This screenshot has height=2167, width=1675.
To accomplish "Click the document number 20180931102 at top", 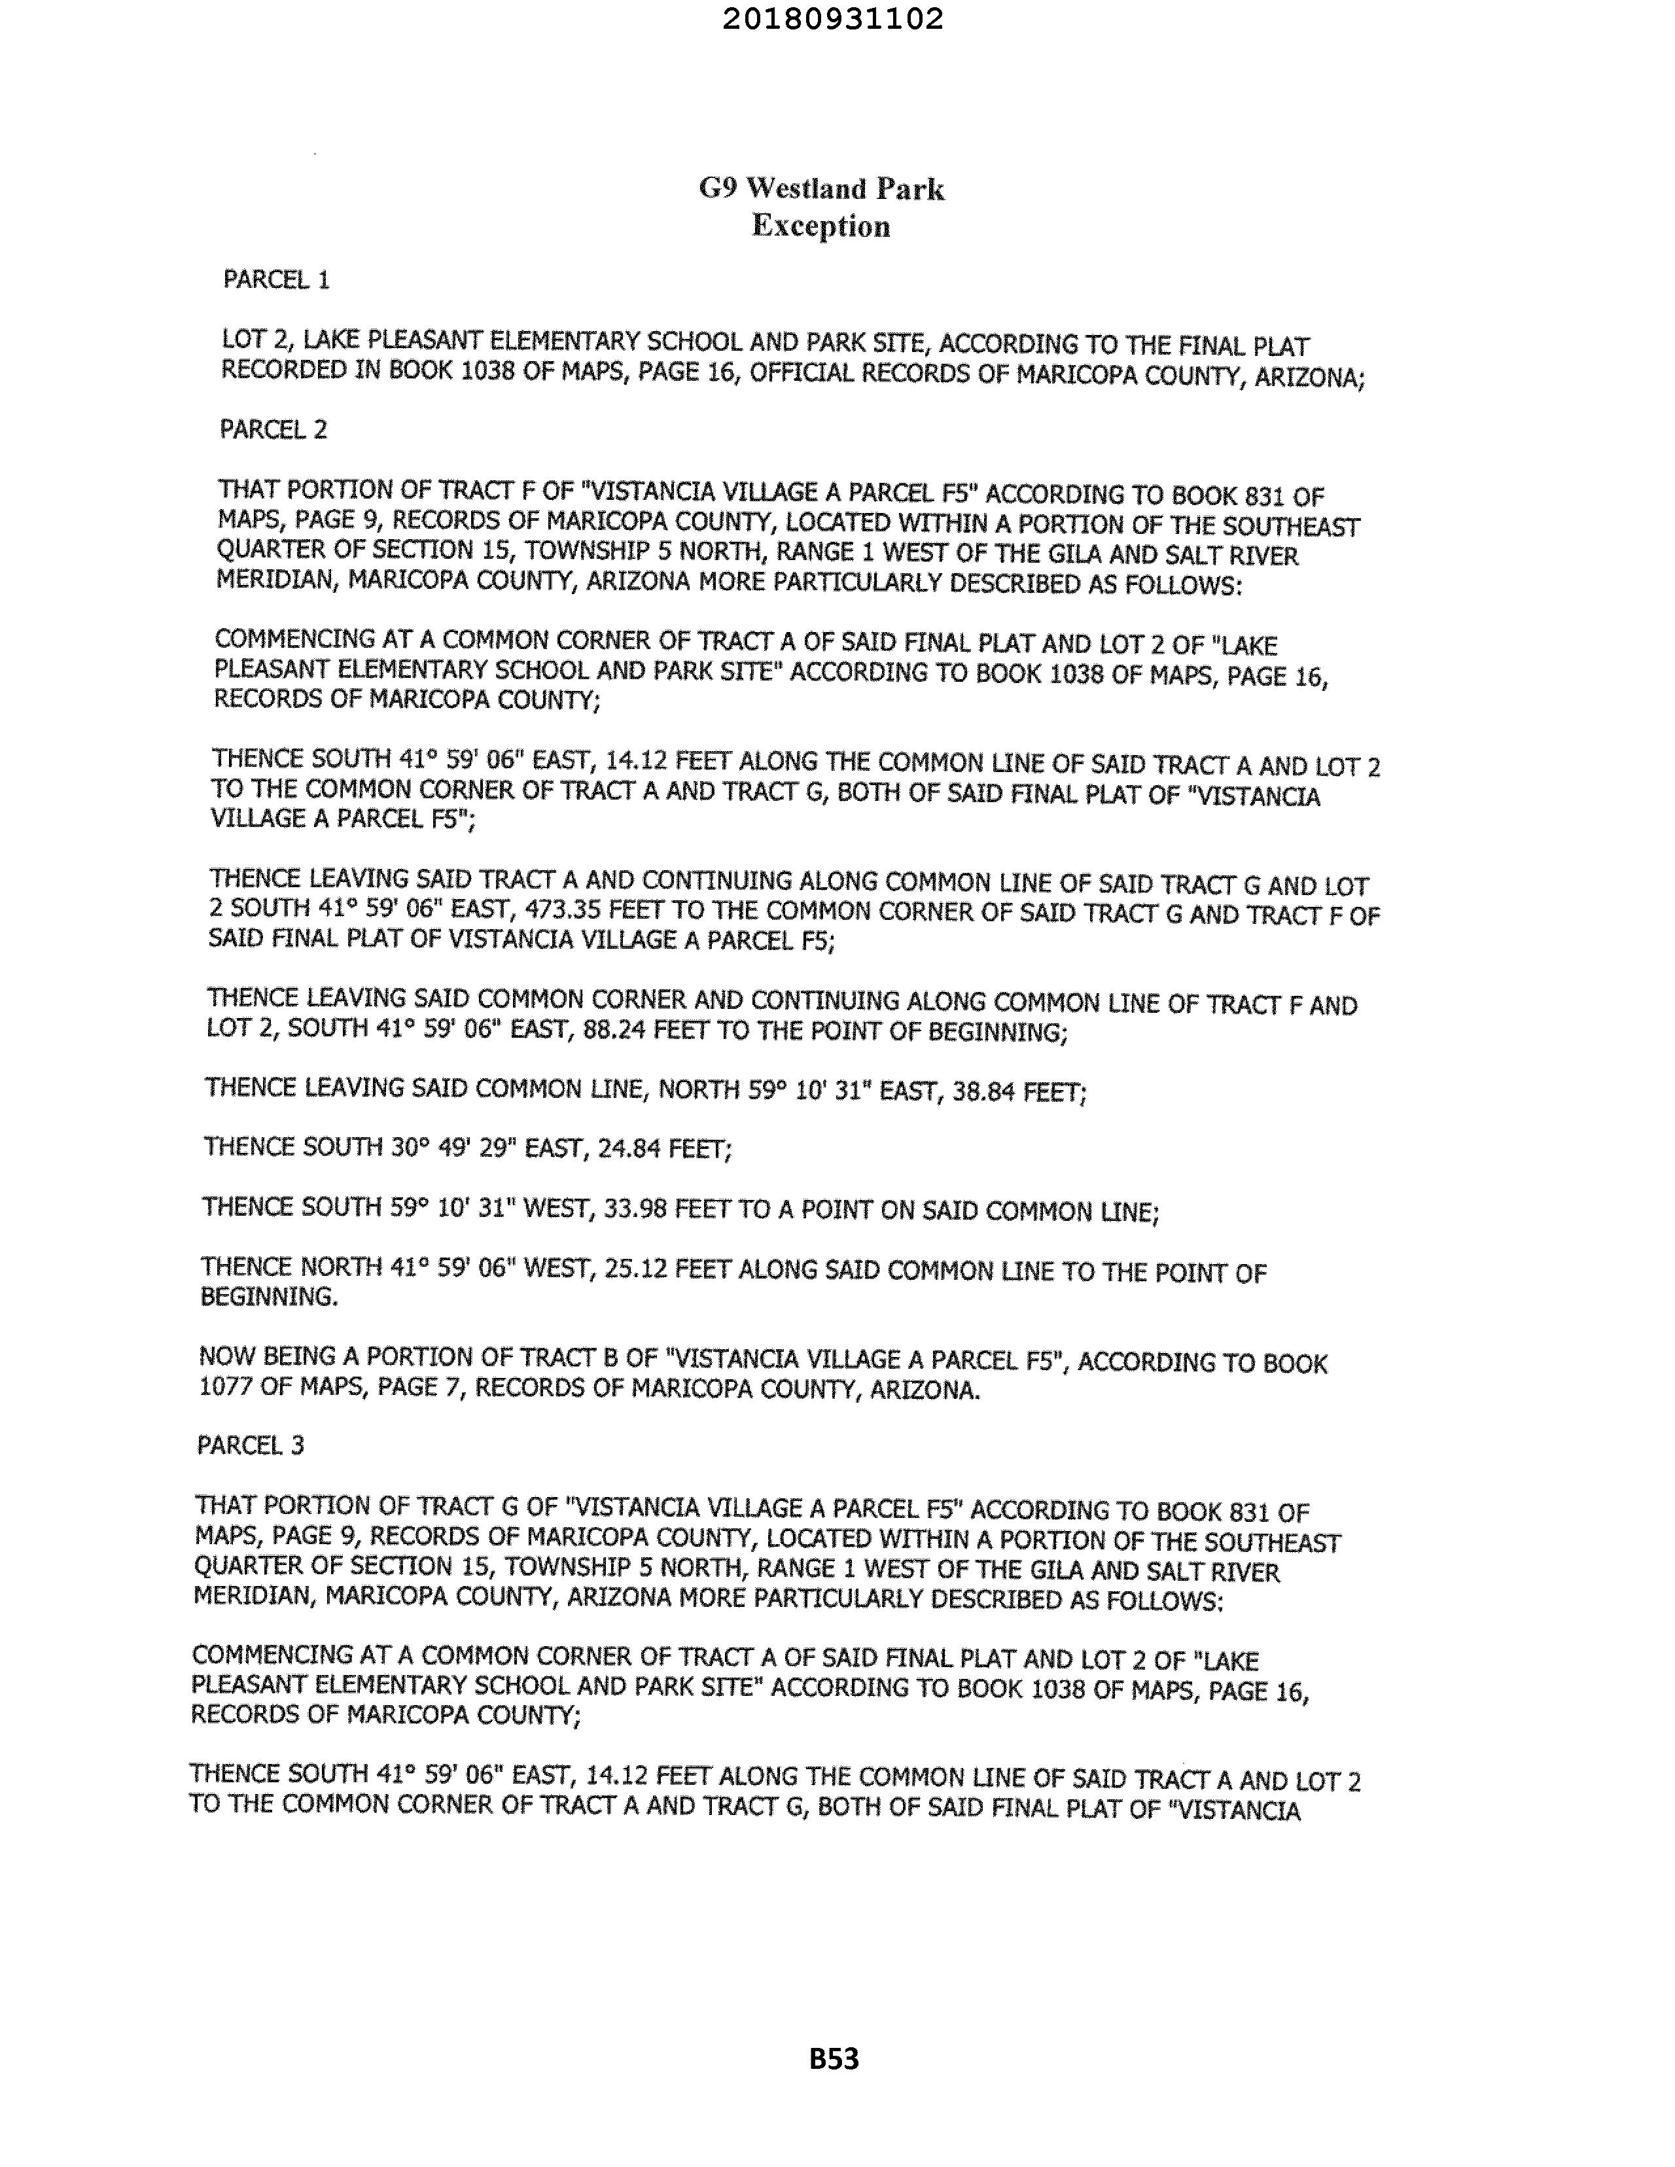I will pos(832,19).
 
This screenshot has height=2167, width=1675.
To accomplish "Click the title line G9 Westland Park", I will pos(822,188).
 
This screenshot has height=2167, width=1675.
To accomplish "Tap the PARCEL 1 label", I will pos(276,280).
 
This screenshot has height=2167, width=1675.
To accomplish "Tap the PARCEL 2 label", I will pos(273,430).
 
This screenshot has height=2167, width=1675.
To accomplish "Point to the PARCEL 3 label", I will pos(250,1446).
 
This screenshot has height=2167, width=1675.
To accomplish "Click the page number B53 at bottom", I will pos(834,2059).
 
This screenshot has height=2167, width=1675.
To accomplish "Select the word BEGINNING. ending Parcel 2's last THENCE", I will pos(269,1297).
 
